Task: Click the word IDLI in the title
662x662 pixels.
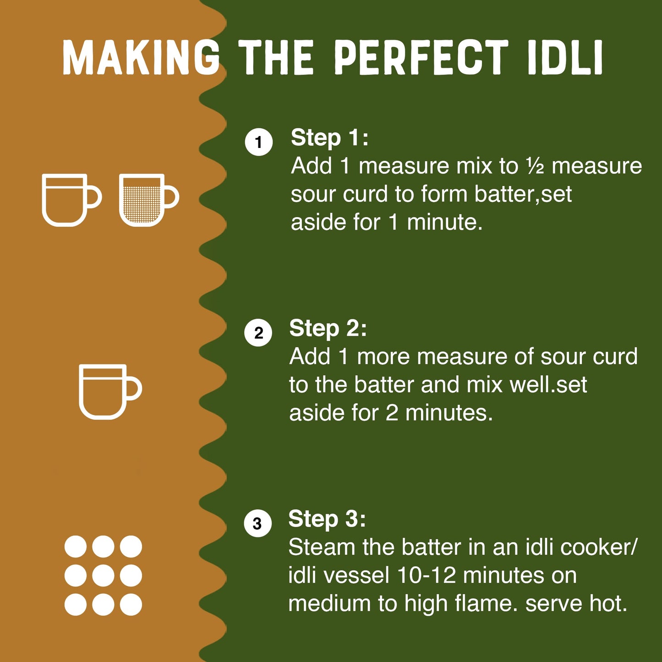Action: point(565,57)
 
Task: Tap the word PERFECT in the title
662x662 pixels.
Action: point(421,57)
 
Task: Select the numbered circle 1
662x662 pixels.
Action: point(259,142)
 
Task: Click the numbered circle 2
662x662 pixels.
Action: point(258,333)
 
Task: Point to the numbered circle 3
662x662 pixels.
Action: point(257,523)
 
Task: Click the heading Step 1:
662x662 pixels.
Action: point(329,137)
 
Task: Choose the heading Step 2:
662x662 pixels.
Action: point(328,328)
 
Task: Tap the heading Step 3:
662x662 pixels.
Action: point(327,519)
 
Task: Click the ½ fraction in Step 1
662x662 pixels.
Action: point(535,166)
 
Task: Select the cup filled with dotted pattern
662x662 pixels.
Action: point(142,200)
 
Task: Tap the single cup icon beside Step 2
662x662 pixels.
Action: point(103,391)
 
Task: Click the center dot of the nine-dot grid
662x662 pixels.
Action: point(103,575)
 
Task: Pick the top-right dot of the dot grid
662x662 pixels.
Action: point(131,547)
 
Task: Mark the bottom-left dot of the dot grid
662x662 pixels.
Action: point(76,604)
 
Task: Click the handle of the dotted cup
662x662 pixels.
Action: point(171,197)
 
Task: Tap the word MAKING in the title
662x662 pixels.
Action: point(141,57)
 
